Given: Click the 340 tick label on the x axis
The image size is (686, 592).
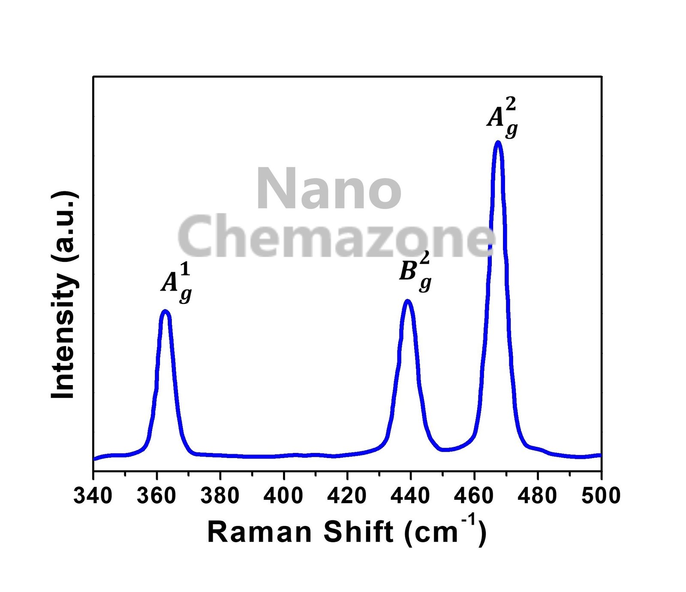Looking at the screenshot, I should click(93, 496).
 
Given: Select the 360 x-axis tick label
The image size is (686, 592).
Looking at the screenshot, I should click(156, 496).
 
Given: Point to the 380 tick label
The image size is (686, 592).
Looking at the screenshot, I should click(220, 496).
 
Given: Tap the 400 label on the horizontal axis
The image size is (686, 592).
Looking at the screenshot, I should click(283, 496).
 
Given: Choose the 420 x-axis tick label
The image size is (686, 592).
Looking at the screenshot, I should click(347, 496).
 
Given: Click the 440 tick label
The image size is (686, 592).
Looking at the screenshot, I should click(410, 496).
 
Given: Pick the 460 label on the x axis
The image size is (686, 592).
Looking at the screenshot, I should click(474, 496).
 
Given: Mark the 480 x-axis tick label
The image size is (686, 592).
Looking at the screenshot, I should click(537, 496).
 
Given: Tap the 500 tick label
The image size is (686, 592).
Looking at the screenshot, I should click(601, 496).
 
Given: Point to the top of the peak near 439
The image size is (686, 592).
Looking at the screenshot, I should click(408, 301).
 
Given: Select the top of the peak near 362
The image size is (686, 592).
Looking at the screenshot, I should click(165, 311).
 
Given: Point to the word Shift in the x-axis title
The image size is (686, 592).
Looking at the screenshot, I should click(358, 532).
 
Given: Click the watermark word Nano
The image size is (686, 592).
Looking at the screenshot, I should click(329, 189).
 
